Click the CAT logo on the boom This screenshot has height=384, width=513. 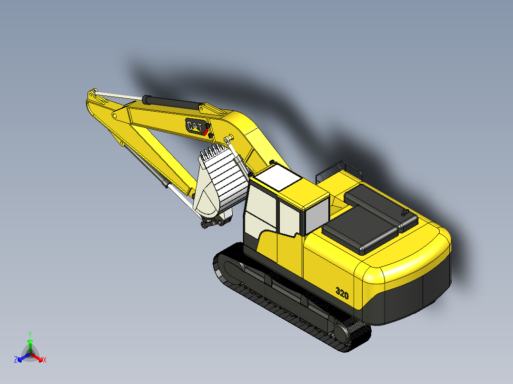(x=195, y=126)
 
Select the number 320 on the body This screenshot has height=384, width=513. (x=342, y=294)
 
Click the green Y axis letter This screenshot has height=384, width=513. (x=30, y=334)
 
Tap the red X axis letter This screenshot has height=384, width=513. (x=45, y=360)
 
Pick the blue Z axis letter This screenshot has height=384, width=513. (x=15, y=360)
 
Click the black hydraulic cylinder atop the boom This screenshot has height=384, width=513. (x=171, y=101)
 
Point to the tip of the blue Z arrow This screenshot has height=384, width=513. (x=20, y=358)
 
